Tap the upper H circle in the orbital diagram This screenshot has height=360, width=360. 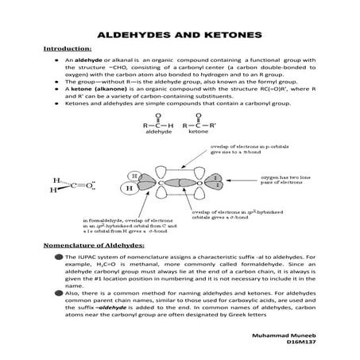(136, 175)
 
